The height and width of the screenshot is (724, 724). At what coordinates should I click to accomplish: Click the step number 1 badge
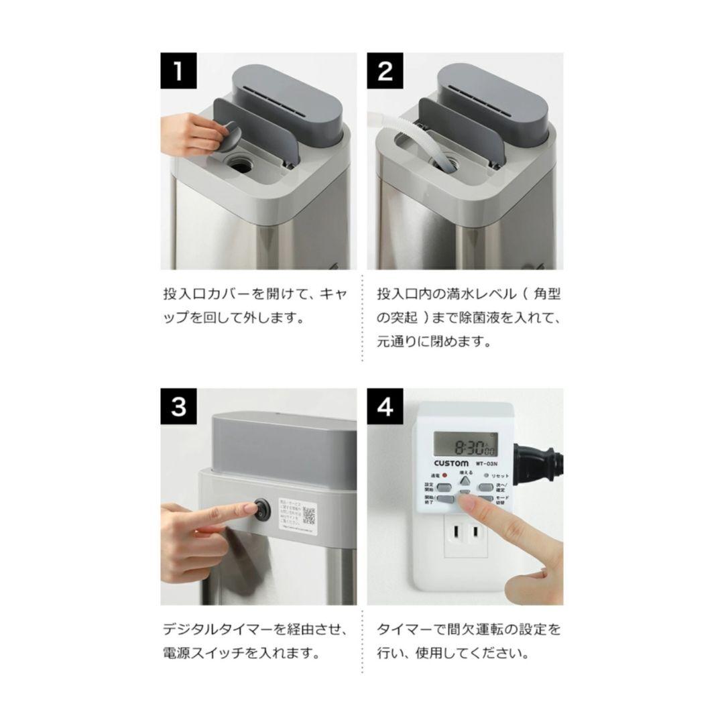click(178, 70)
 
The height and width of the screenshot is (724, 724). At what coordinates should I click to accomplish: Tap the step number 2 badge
click(385, 70)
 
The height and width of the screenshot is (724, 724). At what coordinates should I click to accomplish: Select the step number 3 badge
click(178, 406)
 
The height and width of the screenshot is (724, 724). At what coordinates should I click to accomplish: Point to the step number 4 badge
click(385, 406)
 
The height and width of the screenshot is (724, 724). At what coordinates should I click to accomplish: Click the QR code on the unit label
click(309, 515)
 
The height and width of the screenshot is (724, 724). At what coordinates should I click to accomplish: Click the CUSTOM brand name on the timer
click(446, 463)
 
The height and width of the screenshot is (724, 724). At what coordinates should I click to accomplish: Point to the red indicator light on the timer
click(444, 476)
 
